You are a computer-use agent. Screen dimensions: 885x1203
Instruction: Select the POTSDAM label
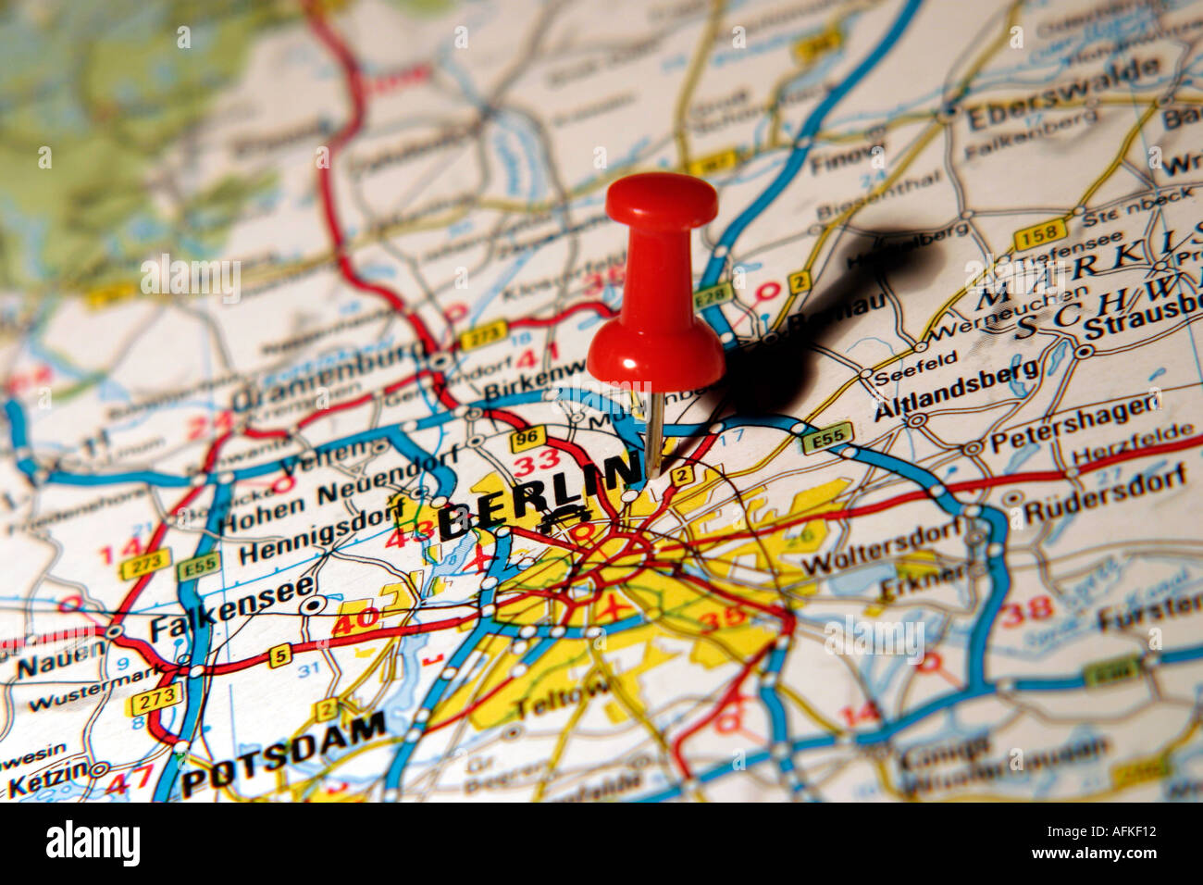(283, 754)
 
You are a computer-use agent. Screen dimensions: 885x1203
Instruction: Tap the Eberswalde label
(1062, 96)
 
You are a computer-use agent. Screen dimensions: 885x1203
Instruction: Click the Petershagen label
(1073, 423)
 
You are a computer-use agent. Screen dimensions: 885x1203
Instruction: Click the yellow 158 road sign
(1039, 237)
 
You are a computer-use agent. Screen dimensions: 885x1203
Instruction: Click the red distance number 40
(355, 618)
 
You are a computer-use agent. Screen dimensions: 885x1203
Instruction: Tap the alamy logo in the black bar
(93, 844)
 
